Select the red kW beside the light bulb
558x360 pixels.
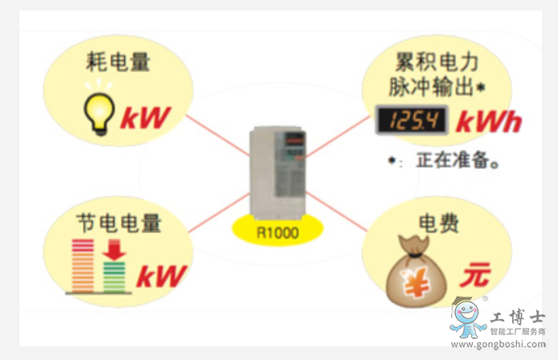(x=147, y=118)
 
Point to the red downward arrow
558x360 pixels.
(x=115, y=252)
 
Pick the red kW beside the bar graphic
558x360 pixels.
(x=161, y=276)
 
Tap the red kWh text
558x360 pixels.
(x=489, y=121)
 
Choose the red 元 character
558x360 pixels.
(x=474, y=276)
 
